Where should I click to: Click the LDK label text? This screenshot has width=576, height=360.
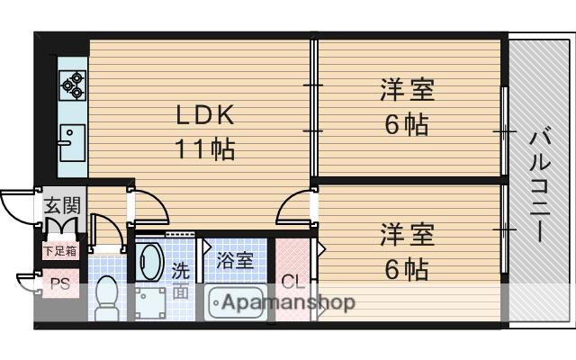[204, 114]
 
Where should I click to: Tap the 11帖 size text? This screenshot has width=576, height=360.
[204, 148]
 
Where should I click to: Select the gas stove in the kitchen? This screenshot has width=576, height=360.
[72, 85]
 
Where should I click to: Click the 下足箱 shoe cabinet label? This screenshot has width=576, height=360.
[60, 249]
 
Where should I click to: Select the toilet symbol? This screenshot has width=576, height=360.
[108, 293]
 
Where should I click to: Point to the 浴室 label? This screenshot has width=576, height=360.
[236, 261]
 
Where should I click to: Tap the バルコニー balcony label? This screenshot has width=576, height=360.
[539, 184]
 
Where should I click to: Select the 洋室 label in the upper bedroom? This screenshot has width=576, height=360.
[407, 91]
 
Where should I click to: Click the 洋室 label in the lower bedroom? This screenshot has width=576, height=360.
[407, 235]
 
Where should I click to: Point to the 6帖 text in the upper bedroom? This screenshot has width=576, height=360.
[407, 125]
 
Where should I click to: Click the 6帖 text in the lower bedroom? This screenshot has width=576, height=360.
[407, 268]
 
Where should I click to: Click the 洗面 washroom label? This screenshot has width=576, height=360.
[181, 279]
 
